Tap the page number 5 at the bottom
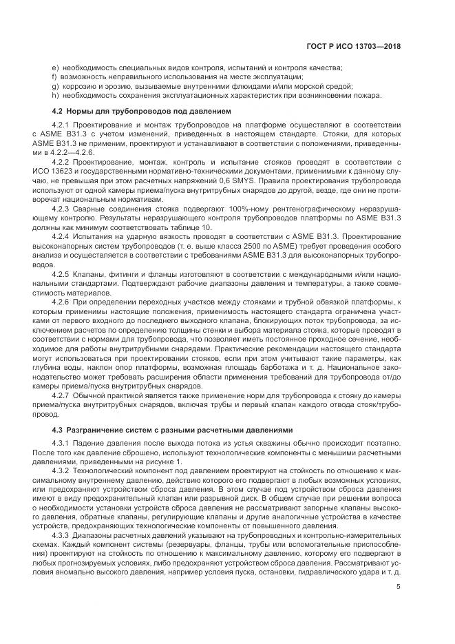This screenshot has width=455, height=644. pos(399,587)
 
